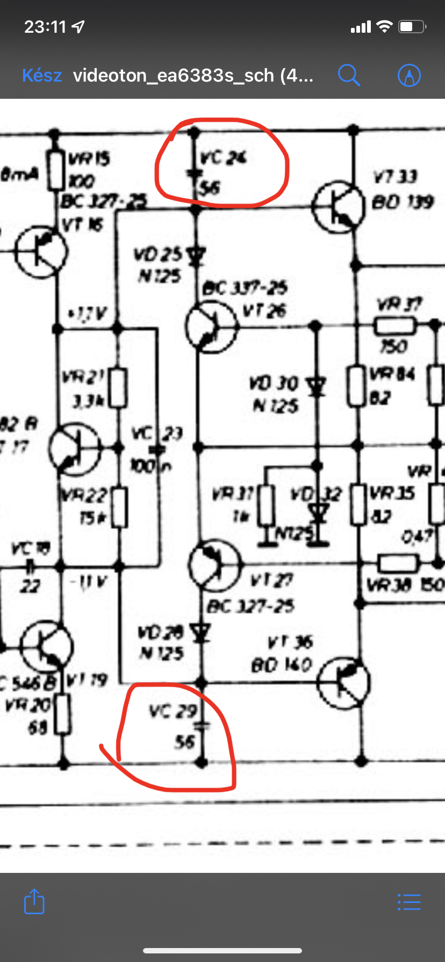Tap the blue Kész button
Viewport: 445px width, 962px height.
click(42, 76)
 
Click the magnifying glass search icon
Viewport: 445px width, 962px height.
click(349, 75)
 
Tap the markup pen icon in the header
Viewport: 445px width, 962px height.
click(409, 75)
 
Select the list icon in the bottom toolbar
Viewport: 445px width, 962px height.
click(409, 902)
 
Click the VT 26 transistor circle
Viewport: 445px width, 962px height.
click(211, 326)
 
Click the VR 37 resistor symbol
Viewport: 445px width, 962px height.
click(395, 325)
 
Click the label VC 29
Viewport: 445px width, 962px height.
click(173, 712)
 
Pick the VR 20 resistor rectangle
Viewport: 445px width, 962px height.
click(63, 714)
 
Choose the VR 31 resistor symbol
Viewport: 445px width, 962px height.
click(266, 505)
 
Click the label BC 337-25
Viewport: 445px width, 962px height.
click(245, 288)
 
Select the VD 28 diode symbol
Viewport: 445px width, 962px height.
click(202, 633)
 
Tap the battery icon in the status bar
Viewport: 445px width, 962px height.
click(412, 26)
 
